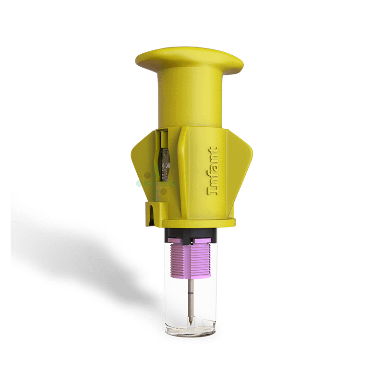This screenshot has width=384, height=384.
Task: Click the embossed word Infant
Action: [213, 171]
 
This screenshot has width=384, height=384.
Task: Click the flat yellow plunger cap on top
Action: [189, 60]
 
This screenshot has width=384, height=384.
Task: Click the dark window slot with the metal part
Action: [164, 156]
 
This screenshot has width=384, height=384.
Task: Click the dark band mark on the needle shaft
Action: [191, 293]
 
